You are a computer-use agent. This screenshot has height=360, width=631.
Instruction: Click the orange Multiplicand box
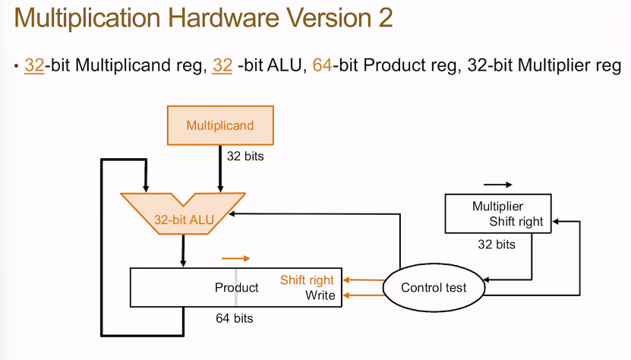coord(220,125)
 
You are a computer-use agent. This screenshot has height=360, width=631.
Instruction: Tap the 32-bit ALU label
coord(184,220)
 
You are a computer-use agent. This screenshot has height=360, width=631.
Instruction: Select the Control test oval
coord(433,287)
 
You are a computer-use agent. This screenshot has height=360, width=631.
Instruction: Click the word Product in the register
coord(237,288)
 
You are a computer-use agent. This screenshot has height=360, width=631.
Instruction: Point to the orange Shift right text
coord(307,280)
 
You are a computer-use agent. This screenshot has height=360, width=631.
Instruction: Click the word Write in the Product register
coord(320,295)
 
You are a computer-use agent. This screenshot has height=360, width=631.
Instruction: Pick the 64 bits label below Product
coord(235,318)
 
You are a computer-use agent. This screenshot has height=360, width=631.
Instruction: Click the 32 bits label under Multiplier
coord(496,245)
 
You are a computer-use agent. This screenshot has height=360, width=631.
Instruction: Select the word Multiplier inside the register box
coord(497,207)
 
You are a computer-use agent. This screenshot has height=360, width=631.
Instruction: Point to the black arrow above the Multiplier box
coord(498,185)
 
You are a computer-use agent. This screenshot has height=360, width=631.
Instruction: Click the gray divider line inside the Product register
coord(235,287)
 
